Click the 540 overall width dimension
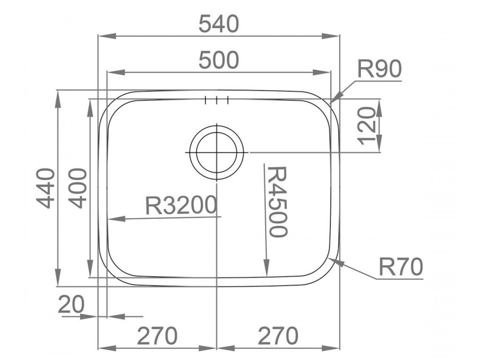tap(218, 24)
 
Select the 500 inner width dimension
tap(218, 60)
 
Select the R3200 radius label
tap(181, 205)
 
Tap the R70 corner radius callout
tap(401, 267)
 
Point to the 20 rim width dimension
tap(71, 305)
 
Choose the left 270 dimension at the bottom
tap(157, 336)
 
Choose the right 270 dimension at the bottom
tap(278, 336)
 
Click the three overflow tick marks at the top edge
tap(217, 99)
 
